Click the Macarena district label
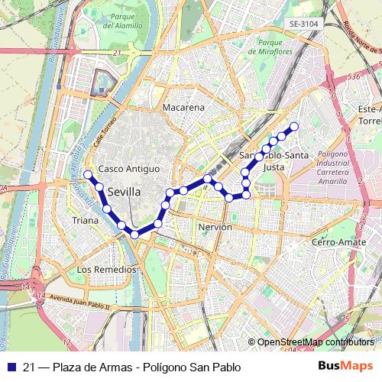click(183, 108)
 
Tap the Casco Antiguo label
click(129, 168)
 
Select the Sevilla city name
click(124, 192)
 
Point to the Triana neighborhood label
click(85, 220)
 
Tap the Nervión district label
click(214, 228)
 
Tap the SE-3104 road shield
click(303, 24)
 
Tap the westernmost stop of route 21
click(88, 175)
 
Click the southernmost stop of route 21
click(134, 234)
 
